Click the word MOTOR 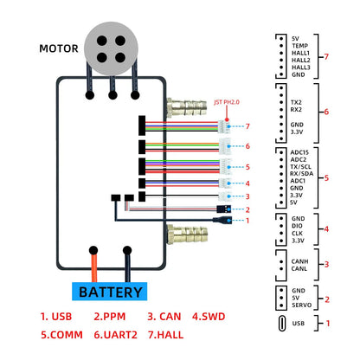(x=59, y=48)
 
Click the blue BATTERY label (x=110, y=292)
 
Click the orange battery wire (x=93, y=263)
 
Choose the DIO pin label (x=298, y=225)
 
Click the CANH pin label (x=301, y=260)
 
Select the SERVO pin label (x=303, y=305)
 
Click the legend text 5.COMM (x=59, y=332)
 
